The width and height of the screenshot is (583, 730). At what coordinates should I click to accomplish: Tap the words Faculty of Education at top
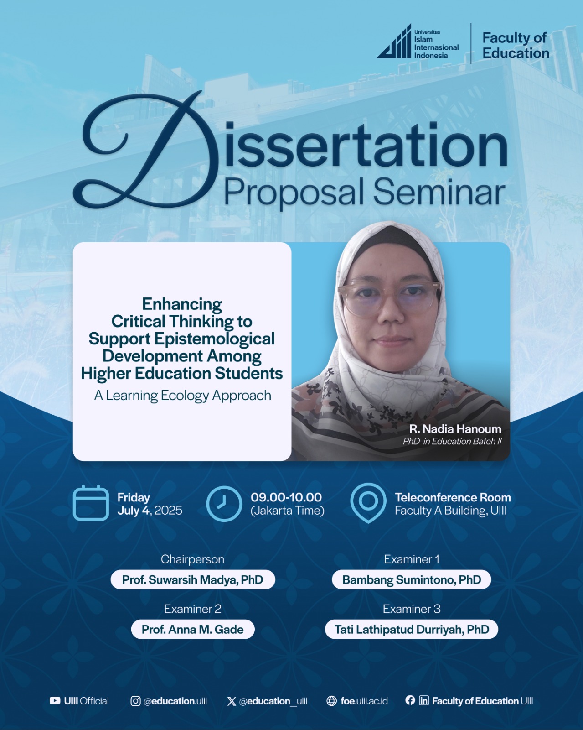[x=516, y=46]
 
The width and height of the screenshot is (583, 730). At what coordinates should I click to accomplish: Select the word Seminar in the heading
[x=439, y=193]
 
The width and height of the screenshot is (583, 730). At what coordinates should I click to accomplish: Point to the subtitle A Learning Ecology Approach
[x=183, y=396]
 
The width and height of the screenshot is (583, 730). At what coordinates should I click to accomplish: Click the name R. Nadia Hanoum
[x=455, y=429]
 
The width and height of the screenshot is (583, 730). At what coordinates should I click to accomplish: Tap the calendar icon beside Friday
[x=91, y=503]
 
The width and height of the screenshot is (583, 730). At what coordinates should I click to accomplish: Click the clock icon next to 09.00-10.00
[x=224, y=504]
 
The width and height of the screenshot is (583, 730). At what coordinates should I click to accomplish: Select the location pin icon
[x=368, y=503]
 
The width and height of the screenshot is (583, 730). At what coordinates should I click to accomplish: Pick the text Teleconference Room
[x=453, y=497]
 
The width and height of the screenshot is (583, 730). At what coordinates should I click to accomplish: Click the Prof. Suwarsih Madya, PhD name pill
[x=192, y=579]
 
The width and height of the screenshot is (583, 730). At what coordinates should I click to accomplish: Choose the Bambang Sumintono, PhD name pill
[x=412, y=579]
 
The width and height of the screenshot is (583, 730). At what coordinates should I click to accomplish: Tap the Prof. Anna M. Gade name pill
[x=192, y=629]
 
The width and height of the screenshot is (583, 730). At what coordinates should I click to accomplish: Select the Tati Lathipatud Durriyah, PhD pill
[x=412, y=629]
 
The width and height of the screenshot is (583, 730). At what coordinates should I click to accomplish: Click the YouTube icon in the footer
[x=55, y=701]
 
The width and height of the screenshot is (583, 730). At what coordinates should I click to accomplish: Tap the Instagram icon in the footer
[x=135, y=701]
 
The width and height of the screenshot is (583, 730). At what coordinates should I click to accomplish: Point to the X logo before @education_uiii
[x=232, y=701]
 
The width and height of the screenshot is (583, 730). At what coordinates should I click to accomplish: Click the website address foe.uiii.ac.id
[x=364, y=701]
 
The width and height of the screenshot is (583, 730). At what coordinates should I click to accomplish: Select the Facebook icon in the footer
[x=410, y=700]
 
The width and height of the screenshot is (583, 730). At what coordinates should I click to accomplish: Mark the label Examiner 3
[x=412, y=609]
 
